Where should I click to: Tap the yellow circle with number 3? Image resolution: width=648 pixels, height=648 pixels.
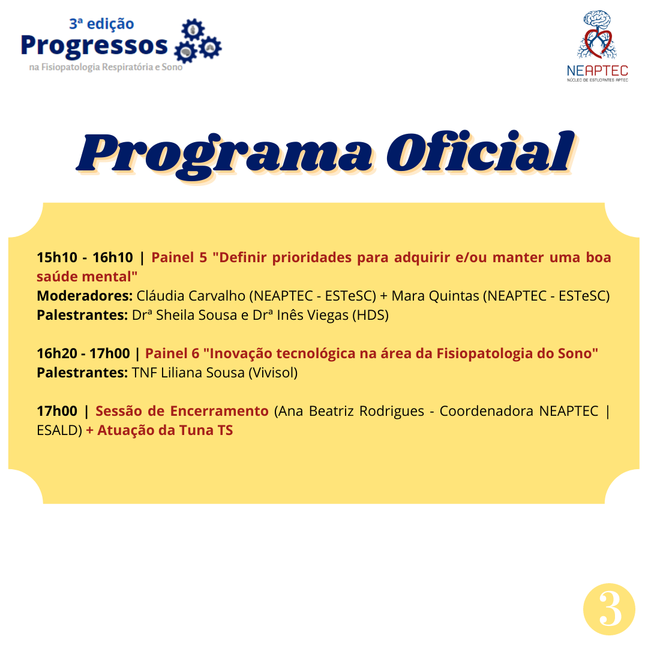pos(609,609)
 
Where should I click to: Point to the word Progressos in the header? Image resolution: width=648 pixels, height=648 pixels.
pos(94,46)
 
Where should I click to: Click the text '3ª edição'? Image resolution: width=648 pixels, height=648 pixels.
pos(101,23)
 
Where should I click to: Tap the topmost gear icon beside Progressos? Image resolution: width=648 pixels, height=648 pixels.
pos(193,30)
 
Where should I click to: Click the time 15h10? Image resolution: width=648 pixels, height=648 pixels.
pos(57,257)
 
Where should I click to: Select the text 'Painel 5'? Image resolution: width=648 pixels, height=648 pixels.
pos(179,257)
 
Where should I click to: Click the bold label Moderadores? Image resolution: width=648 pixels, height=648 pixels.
pos(85,296)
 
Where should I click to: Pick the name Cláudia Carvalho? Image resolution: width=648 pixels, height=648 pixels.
pos(191,296)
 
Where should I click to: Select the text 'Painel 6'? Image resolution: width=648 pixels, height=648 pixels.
pos(172,353)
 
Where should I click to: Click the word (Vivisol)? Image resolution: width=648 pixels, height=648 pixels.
pos(273,373)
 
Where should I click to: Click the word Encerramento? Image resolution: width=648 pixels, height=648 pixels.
pos(220,411)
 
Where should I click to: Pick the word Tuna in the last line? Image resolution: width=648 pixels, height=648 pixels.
pos(196,430)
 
